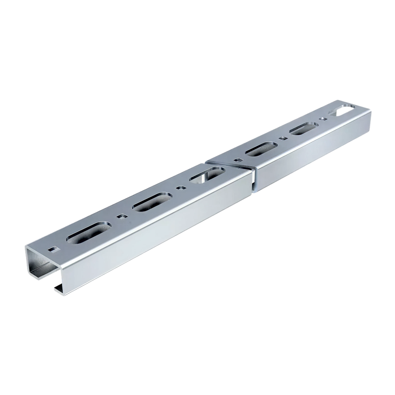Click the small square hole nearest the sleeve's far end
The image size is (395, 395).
324,118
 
